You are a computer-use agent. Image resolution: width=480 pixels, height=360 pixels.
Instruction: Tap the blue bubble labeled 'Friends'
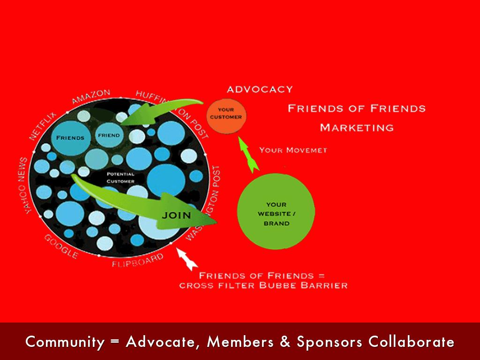click(x=70, y=138)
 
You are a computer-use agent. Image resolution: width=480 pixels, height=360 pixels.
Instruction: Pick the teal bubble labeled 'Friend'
click(x=108, y=135)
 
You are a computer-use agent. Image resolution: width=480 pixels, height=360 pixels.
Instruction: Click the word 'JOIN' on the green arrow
click(x=176, y=216)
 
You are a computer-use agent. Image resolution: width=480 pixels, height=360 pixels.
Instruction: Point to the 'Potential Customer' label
click(x=120, y=178)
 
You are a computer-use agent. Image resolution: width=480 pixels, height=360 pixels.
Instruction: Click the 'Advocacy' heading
click(x=259, y=89)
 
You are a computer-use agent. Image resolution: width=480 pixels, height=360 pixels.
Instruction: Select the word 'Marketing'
click(x=357, y=127)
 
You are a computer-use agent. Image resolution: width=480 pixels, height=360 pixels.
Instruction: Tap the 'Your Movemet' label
click(x=293, y=150)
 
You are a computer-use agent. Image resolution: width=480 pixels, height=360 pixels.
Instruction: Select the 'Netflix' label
click(x=42, y=126)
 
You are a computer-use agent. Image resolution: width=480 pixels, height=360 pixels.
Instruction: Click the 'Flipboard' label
click(x=138, y=261)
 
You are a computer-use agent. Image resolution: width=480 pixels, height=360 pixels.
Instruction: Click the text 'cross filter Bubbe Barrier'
click(x=263, y=285)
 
